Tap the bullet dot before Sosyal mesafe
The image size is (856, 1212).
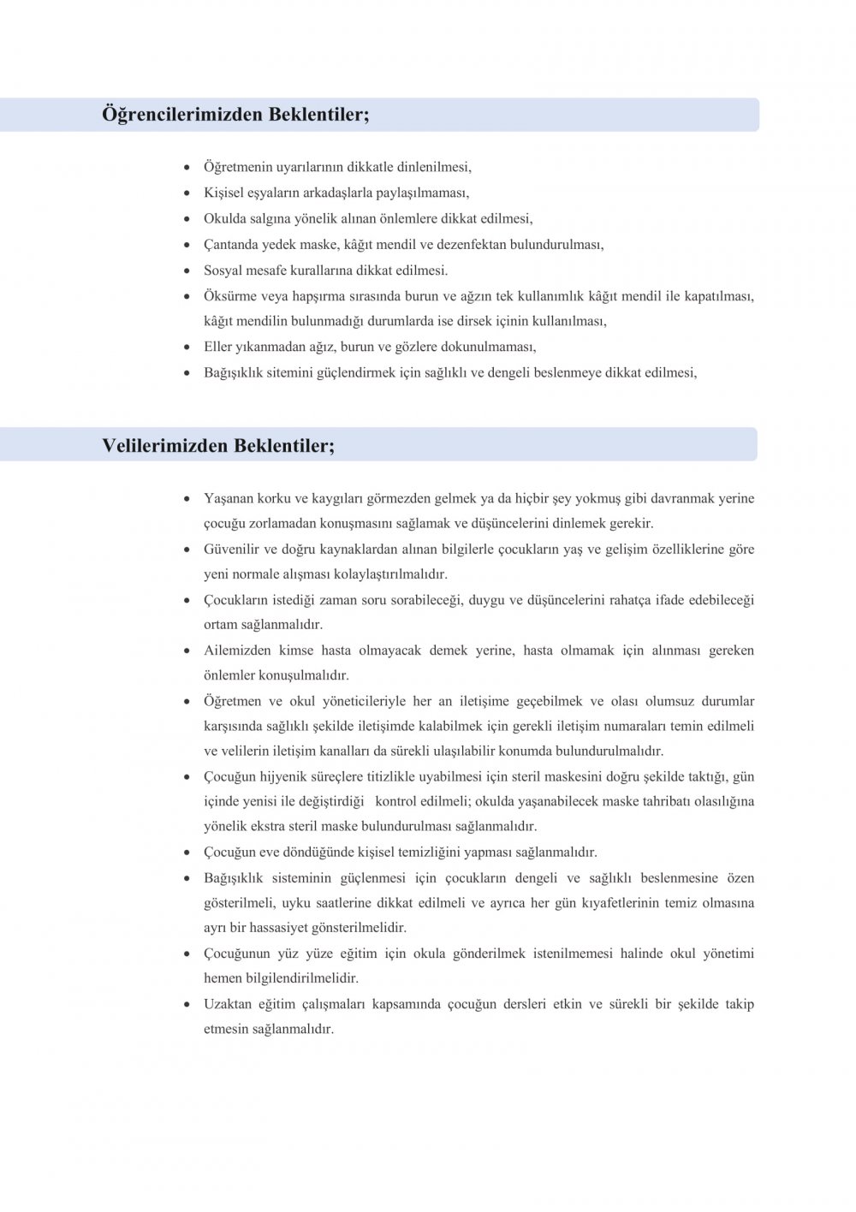tap(187, 270)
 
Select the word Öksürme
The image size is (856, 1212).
tap(227, 296)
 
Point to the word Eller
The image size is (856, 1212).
tap(218, 347)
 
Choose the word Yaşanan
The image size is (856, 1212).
tap(229, 498)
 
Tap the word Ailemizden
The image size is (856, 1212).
tap(236, 651)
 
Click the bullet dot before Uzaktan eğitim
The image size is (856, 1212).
tap(187, 1004)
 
